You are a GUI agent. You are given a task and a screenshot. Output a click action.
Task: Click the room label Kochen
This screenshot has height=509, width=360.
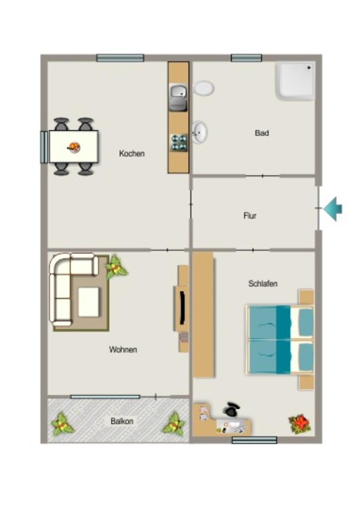131,153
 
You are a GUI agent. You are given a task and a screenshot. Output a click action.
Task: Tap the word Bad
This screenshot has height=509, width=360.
262,133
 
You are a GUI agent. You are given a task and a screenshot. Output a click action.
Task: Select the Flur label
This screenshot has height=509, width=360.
250,216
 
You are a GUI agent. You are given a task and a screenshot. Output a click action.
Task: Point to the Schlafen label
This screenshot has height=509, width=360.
263,283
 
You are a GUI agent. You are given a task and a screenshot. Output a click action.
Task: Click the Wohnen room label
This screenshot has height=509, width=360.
123,349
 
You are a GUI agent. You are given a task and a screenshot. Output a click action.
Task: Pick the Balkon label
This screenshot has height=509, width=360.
122,421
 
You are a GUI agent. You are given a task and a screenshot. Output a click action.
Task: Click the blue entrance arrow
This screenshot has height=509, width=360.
333,209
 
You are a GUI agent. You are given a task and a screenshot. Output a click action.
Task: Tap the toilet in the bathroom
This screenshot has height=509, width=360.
204,88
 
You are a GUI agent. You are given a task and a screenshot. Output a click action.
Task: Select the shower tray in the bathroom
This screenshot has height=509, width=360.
295,81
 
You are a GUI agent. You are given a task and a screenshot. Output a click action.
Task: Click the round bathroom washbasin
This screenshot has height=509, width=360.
199,132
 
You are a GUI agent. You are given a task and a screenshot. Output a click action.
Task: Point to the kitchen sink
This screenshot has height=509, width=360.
178,97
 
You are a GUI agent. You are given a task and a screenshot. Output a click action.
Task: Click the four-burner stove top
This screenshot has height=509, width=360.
179,143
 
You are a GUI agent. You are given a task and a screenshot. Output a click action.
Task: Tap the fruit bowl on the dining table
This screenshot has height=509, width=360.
75,147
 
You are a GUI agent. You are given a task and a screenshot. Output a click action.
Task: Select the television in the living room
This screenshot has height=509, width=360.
182,308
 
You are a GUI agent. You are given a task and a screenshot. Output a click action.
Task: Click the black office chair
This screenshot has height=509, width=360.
232,410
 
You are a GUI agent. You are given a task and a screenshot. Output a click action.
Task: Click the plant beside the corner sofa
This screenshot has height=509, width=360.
115,267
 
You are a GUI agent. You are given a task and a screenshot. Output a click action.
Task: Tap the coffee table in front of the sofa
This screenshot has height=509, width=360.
89,302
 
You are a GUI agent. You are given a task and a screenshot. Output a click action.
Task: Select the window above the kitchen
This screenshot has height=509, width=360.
120,58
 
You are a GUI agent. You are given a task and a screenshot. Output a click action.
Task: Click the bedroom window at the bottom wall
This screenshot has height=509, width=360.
255,440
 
